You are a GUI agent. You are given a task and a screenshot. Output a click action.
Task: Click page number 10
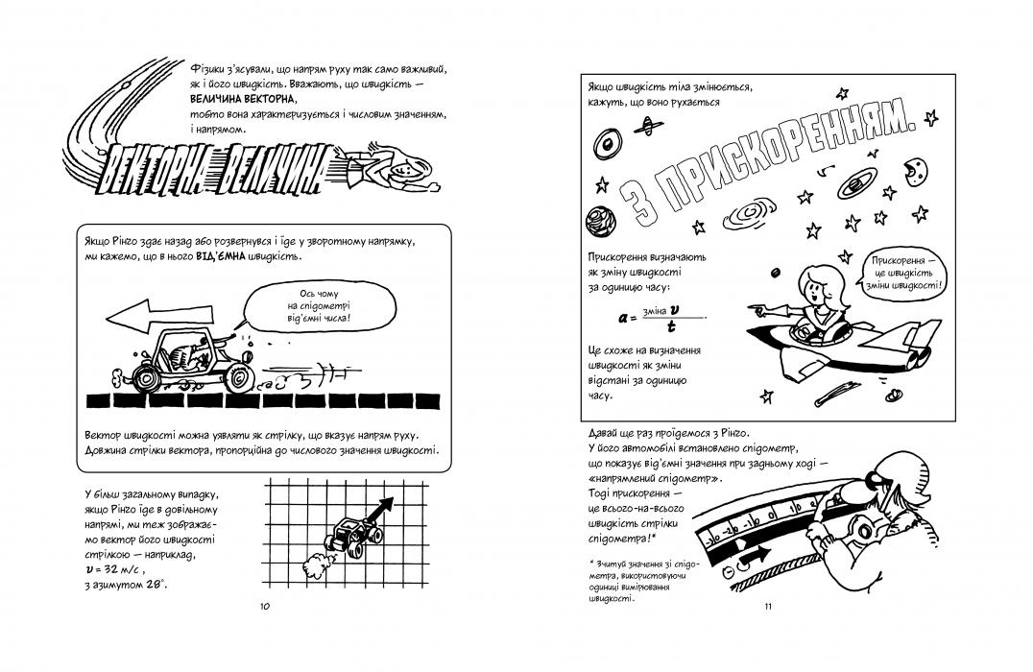(x=265, y=607)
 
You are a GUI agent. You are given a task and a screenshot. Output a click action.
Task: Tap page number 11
(x=768, y=607)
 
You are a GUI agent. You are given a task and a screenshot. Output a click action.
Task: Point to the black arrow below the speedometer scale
(x=757, y=555)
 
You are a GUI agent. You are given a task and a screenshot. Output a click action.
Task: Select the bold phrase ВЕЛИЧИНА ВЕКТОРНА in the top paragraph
(x=245, y=99)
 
